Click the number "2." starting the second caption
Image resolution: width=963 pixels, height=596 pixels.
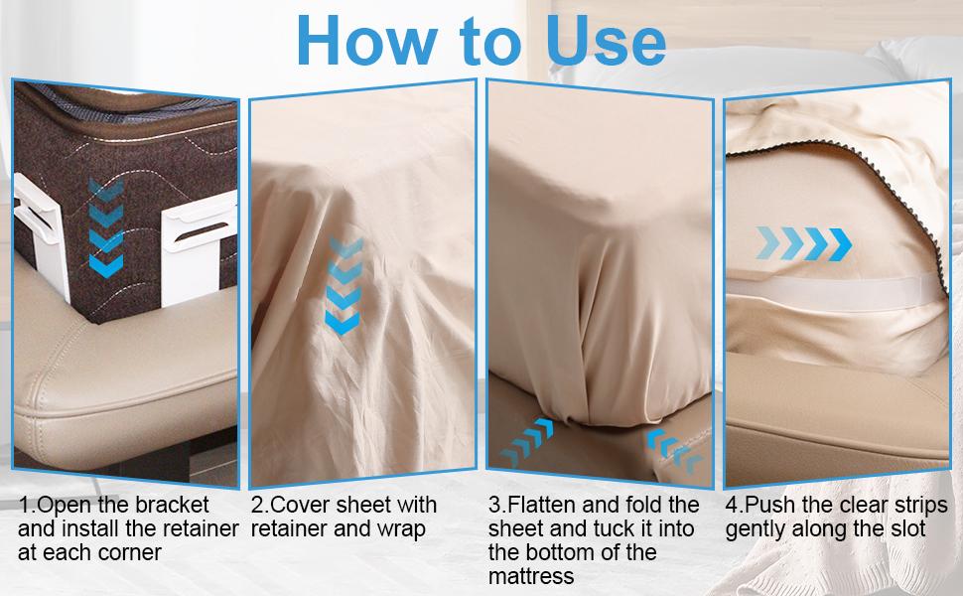pos(260,506)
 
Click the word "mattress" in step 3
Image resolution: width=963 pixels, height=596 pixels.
pos(531,577)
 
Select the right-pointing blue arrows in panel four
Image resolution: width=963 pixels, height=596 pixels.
pos(805,241)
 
